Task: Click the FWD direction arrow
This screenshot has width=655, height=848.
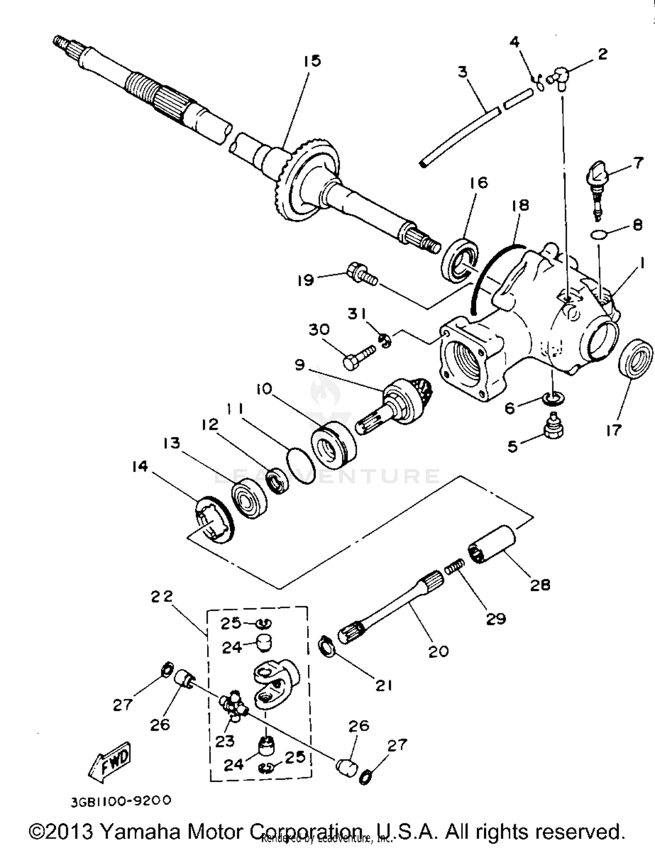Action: (110, 762)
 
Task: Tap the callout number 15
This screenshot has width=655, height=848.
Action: (312, 61)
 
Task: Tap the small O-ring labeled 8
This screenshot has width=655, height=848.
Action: (598, 235)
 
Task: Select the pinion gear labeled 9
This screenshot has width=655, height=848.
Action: (397, 404)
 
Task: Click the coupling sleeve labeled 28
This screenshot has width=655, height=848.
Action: (492, 544)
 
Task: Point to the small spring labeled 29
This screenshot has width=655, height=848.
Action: (455, 568)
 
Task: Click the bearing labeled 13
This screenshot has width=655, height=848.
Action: (249, 498)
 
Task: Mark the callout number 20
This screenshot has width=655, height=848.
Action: (438, 651)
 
